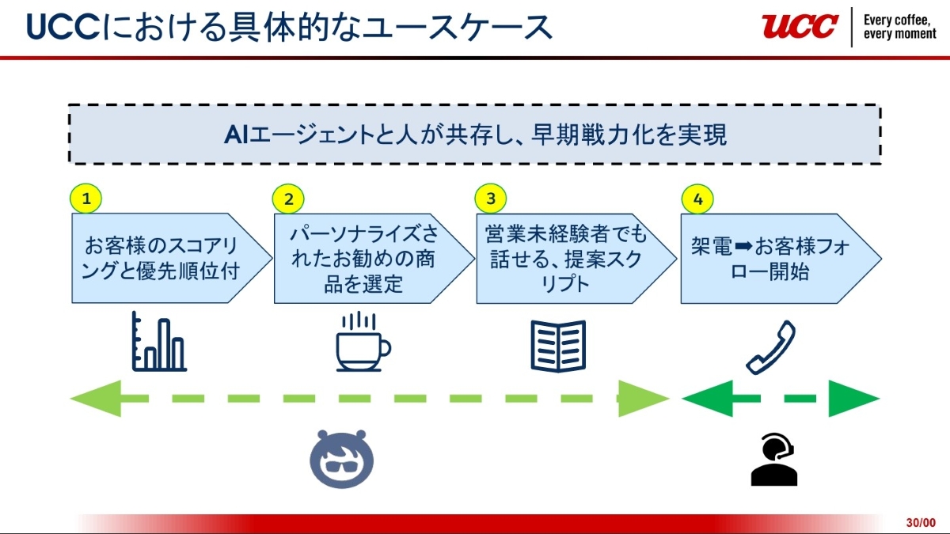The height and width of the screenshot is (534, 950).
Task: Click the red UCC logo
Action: click(x=800, y=26)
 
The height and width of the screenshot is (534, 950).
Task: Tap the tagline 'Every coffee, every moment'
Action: click(x=900, y=27)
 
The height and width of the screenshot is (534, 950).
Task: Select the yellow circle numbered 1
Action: click(x=86, y=199)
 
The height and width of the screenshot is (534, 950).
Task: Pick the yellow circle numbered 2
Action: click(x=288, y=199)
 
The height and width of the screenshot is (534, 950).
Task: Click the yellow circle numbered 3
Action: click(x=491, y=199)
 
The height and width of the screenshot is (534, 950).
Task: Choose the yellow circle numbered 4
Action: click(x=697, y=199)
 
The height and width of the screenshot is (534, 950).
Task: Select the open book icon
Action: click(x=558, y=346)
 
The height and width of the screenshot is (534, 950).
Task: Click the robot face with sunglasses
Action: click(x=342, y=459)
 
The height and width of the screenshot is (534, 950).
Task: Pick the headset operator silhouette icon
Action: click(x=773, y=460)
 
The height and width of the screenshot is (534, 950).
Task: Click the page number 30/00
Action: click(x=921, y=523)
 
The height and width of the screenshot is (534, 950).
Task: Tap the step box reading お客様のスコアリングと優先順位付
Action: click(x=161, y=258)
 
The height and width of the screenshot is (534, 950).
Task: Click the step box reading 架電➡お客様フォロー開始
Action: click(x=772, y=258)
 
